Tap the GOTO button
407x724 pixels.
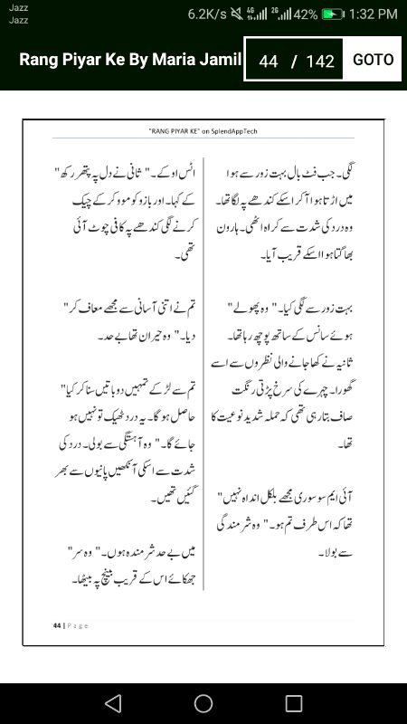click(x=373, y=60)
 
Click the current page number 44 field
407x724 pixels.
click(x=268, y=62)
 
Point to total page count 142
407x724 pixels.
click(x=320, y=62)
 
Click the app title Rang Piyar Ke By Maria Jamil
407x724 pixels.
click(x=130, y=61)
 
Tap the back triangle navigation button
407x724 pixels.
click(x=112, y=702)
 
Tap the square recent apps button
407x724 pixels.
click(x=294, y=702)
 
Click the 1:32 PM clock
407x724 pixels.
click(x=373, y=14)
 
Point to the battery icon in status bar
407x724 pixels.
click(x=334, y=14)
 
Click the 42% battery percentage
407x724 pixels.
click(x=306, y=14)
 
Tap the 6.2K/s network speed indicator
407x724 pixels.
click(x=207, y=14)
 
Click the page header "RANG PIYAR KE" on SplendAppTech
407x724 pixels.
click(x=203, y=130)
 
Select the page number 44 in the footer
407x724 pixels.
click(x=56, y=625)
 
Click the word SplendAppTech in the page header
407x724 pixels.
click(x=235, y=130)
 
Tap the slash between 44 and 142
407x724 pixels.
click(x=293, y=62)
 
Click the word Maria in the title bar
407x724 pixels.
click(x=184, y=61)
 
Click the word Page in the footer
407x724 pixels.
click(x=76, y=625)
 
